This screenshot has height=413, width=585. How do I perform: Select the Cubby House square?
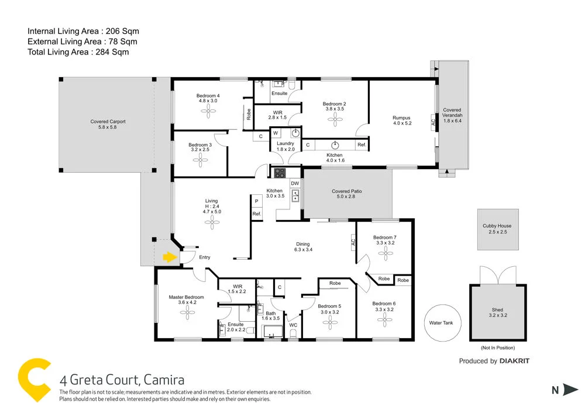tap(497, 229)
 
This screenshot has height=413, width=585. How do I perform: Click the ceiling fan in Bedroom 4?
tap(208, 114)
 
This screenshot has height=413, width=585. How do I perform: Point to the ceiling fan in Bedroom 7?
tap(384, 253)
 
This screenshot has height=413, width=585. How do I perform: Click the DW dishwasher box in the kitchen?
tap(295, 184)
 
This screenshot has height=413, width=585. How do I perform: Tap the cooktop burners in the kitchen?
tap(280, 173)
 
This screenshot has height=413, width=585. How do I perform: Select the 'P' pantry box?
tap(256, 201)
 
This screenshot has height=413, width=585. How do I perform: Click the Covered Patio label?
tap(348, 191)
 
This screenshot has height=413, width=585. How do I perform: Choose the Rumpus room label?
tap(402, 118)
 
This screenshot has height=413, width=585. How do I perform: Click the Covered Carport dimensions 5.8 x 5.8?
tap(108, 128)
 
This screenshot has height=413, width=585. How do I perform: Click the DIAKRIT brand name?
tap(514, 361)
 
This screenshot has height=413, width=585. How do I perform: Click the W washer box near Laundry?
tap(275, 133)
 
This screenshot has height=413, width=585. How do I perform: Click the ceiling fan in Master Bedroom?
tap(187, 312)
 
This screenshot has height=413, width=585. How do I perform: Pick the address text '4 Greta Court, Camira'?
tap(122, 380)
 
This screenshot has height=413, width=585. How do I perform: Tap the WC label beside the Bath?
tap(294, 325)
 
